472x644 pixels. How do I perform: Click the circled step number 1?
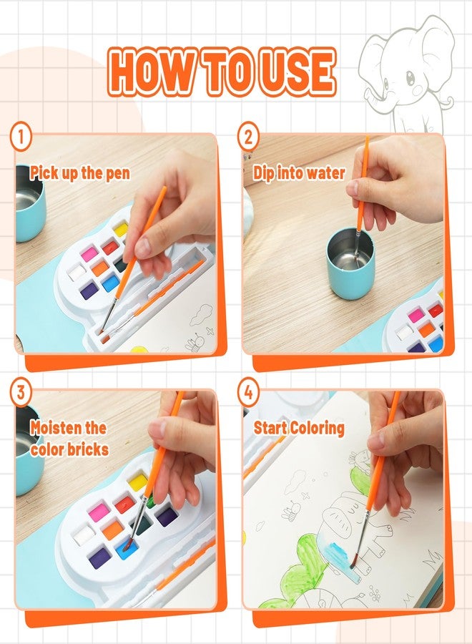click(x=21, y=136)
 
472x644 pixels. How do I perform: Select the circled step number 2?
click(x=248, y=136)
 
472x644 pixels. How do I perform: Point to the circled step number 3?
click(x=21, y=392)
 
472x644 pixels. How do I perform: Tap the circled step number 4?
click(x=248, y=392)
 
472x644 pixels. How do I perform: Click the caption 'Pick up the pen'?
click(x=79, y=172)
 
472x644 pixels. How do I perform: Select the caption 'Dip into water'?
click(x=299, y=172)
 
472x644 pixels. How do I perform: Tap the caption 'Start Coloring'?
click(x=299, y=429)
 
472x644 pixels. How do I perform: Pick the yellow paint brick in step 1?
click(x=121, y=230)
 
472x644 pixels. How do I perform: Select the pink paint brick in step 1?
click(x=89, y=253)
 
